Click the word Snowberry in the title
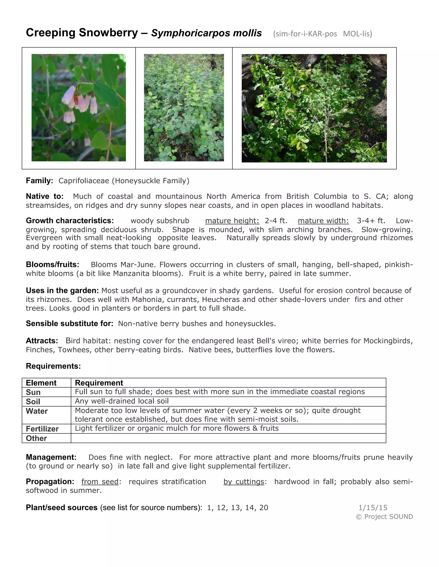(x=108, y=33)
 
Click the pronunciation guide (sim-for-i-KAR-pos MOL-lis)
(x=322, y=34)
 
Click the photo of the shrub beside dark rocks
(x=314, y=108)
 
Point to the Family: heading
(x=39, y=181)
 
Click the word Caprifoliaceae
(x=84, y=181)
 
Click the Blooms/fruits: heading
(x=53, y=264)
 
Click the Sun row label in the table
(x=33, y=392)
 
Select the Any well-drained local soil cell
(x=122, y=401)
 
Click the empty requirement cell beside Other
(x=228, y=438)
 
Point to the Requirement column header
(x=99, y=383)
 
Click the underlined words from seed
(x=100, y=482)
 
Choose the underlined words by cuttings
(x=244, y=482)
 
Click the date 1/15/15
(x=373, y=508)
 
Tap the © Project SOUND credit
(x=384, y=517)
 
